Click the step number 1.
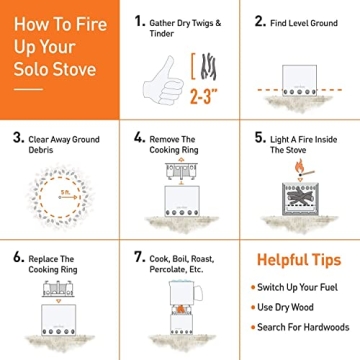pyautogui.click(x=140, y=20)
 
